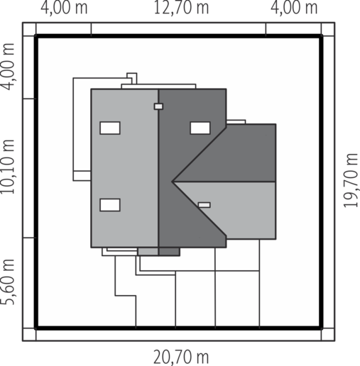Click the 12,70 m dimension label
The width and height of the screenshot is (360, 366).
pyautogui.click(x=181, y=8)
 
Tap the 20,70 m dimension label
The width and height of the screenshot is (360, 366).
pyautogui.click(x=181, y=357)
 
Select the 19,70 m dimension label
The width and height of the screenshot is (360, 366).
pyautogui.click(x=350, y=181)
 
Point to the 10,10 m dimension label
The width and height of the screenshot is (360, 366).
pyautogui.click(x=8, y=167)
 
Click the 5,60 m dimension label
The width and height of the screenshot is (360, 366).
pyautogui.click(x=8, y=282)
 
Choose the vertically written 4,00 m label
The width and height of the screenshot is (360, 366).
pyautogui.click(x=8, y=67)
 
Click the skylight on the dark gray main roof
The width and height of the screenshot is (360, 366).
pyautogui.click(x=200, y=128)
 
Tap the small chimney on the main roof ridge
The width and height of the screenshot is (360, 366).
pyautogui.click(x=158, y=106)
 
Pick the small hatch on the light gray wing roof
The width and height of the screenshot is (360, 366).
pyautogui.click(x=204, y=205)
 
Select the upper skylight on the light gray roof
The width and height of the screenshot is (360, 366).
pyautogui.click(x=110, y=128)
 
